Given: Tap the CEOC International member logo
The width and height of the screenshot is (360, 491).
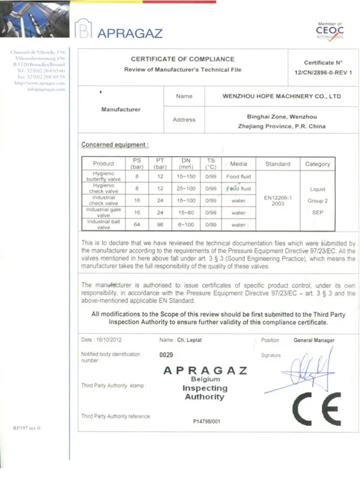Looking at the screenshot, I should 329,30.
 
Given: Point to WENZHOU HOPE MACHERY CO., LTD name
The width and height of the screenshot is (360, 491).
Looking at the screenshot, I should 273,96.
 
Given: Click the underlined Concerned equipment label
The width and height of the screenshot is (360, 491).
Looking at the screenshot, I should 115,145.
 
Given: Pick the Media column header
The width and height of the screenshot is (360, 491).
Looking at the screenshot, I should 238,164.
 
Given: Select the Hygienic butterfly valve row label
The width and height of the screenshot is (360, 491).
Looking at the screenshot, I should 104,176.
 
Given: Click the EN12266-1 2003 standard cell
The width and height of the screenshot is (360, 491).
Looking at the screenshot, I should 277,200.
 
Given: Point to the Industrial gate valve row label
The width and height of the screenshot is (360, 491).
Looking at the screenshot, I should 104,212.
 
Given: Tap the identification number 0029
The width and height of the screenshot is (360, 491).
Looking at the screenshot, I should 166,355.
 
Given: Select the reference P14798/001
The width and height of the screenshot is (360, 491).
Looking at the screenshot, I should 206,421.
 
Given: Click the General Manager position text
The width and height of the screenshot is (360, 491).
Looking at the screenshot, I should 314,340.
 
